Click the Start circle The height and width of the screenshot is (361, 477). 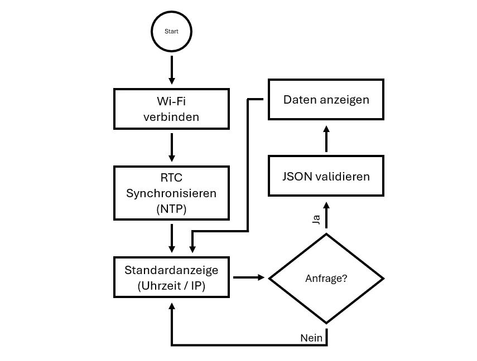coord(171,32)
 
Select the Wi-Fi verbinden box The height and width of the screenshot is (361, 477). coord(171,109)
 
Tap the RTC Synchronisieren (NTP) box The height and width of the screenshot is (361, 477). coord(171,193)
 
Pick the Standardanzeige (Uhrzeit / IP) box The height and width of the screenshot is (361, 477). coord(171,277)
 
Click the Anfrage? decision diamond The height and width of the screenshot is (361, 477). coord(326,278)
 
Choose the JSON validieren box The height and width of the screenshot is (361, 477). coord(326,176)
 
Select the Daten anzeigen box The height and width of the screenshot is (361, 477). coord(326,100)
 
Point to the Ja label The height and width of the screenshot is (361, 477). coord(316,220)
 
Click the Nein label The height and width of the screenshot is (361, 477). coord(311,338)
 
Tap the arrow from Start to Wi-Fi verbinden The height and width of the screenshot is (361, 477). coord(171,70)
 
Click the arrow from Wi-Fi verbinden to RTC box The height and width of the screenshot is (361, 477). coord(171,147)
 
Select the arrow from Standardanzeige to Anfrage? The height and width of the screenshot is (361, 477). coord(248,277)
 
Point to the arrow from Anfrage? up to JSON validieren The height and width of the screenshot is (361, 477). coord(326,217)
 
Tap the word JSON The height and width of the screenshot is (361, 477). coord(297,177)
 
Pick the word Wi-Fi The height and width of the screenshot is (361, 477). coord(171,102)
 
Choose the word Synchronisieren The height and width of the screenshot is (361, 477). coord(171,193)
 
